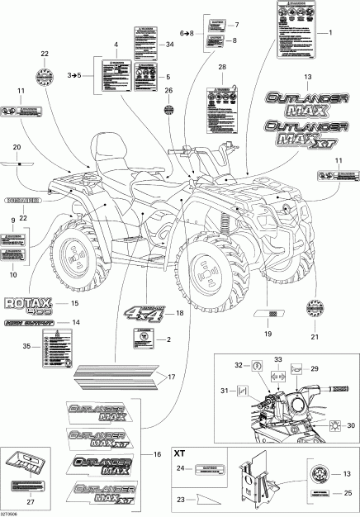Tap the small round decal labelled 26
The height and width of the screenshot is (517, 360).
tap(168, 108)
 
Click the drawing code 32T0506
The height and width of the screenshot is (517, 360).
tap(13, 511)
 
